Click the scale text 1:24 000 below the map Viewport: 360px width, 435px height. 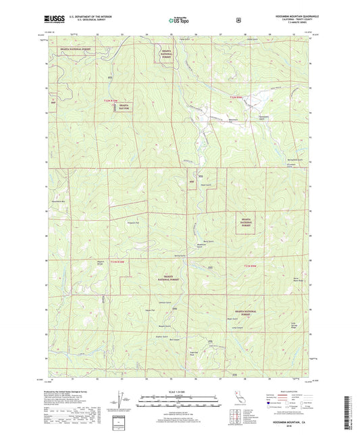click(x=180, y=392)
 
